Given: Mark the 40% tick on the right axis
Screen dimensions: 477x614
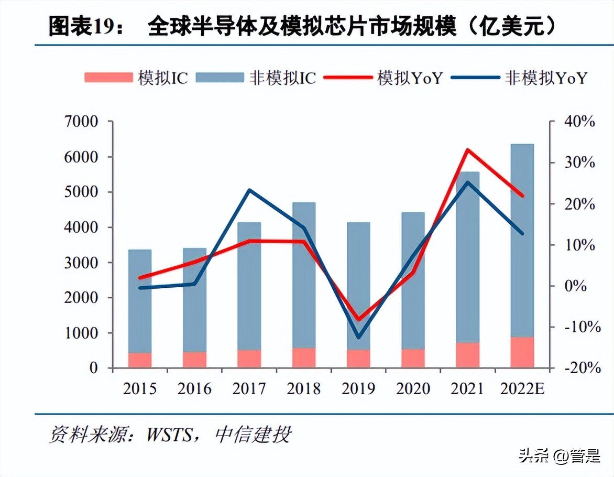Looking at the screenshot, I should pos(579,122).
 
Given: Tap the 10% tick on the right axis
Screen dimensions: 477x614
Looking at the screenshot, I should pos(579,245).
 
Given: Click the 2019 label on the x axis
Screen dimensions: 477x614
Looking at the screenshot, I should pos(358,389).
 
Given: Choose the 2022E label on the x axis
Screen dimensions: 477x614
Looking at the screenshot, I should pos(522,389).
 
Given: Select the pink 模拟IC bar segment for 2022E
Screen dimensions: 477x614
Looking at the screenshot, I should pos(522,352).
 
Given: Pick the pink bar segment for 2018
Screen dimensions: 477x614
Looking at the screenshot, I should pos(304,357).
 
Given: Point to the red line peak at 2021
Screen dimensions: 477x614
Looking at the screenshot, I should pos(467,150).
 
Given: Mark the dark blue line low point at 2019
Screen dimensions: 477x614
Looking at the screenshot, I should pos(358,337).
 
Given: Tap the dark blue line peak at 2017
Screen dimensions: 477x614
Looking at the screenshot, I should pos(249,190).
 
